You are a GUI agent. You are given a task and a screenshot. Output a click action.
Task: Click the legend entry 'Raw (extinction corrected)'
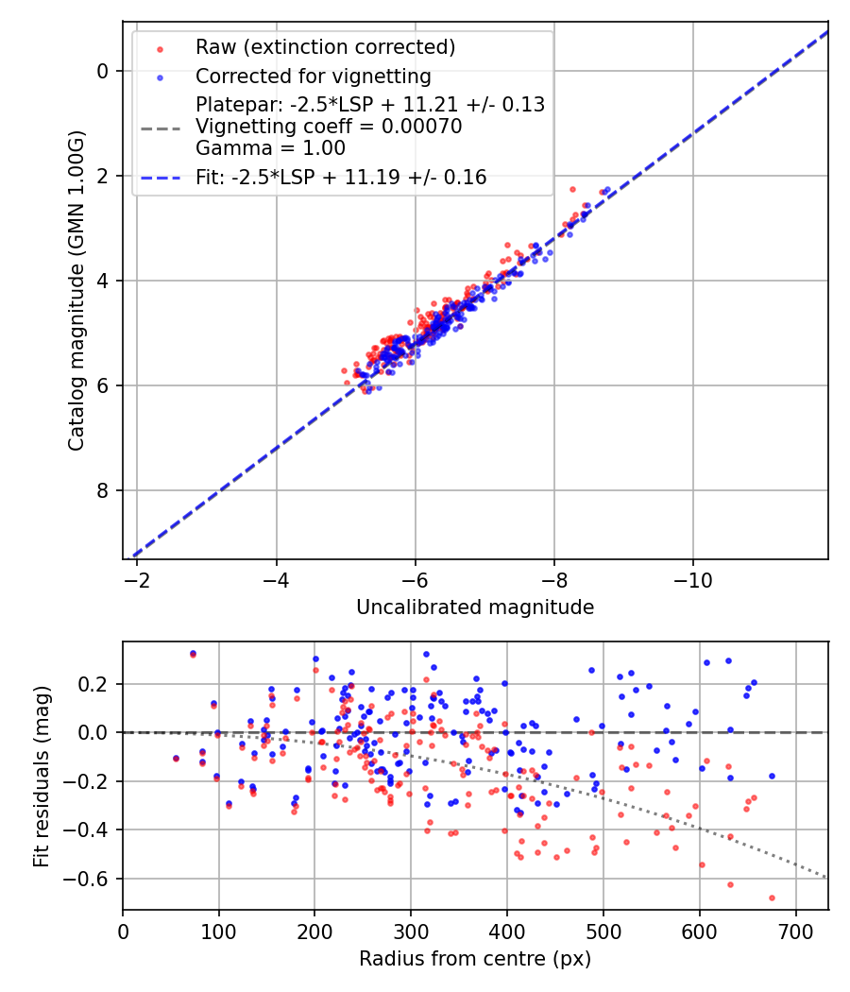(x=325, y=47)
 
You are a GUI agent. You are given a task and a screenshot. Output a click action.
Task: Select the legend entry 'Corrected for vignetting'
(x=313, y=77)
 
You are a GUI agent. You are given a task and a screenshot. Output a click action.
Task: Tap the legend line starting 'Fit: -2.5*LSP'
(x=341, y=177)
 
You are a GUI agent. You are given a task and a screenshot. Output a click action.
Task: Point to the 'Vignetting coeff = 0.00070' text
(x=329, y=127)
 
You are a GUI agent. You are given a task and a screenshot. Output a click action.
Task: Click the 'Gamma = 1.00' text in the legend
(x=270, y=148)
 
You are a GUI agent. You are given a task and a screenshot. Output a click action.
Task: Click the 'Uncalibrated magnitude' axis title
(x=475, y=607)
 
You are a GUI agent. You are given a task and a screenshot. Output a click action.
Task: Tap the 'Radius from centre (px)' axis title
(x=475, y=959)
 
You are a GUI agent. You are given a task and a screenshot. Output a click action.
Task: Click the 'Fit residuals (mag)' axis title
(x=41, y=776)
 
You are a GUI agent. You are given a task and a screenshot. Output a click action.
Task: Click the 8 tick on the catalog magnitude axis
(x=104, y=490)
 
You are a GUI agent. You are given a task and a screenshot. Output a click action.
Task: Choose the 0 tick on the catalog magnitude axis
(x=104, y=71)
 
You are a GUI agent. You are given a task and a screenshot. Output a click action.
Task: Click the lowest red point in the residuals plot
(x=772, y=898)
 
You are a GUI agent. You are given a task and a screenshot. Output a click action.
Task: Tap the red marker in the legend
(x=161, y=48)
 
